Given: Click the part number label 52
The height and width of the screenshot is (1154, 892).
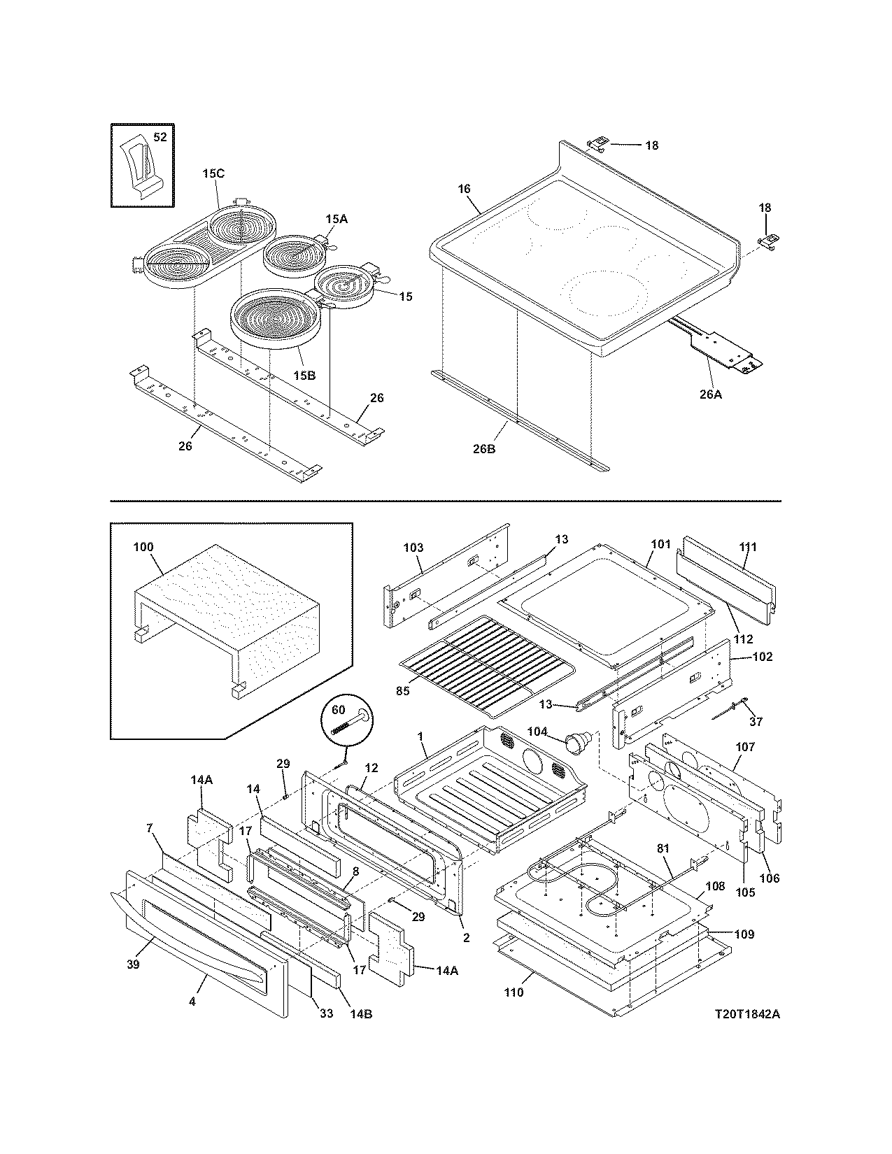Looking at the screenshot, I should coord(160,138).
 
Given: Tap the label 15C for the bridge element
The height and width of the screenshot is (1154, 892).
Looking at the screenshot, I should coord(213,174).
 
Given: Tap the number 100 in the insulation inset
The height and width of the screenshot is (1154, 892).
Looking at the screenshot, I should coord(143,547).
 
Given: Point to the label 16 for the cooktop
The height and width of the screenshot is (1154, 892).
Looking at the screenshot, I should coord(464,189).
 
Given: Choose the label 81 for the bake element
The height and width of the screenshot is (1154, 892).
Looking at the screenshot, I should coord(663,848).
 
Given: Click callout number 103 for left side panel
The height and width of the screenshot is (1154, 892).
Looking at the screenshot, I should coord(413,548).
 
